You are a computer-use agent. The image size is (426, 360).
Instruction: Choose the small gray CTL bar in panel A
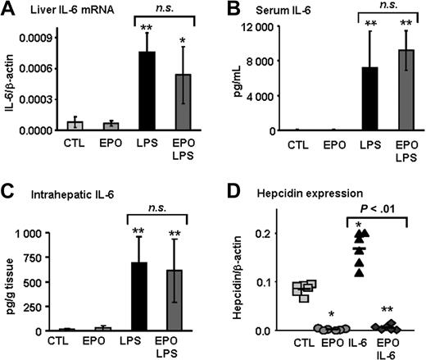click(75, 125)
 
